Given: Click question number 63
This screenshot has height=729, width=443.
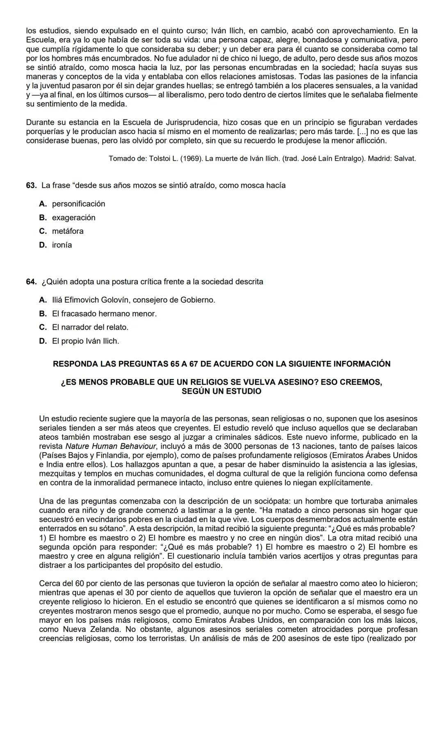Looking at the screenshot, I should coord(31,185).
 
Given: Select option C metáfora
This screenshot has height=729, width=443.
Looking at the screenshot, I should coord(67,231).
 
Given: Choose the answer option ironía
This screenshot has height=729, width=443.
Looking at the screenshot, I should coord(62,245).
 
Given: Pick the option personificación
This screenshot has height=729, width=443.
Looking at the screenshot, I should coord(78,204).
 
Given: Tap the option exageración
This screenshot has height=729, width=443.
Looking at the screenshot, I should coord(73,218).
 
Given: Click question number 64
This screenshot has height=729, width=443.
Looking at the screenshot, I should coord(31,282).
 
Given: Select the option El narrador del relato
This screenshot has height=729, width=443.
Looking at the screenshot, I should coord(90,328).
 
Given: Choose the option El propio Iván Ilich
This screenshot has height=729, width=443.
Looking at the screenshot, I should coord(85,341).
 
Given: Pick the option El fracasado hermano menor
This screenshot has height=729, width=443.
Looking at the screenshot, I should coord(104,314).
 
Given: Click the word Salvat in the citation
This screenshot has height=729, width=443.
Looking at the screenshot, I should coord(404,159).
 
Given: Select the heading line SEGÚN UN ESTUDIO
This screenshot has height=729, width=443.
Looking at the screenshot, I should coord(221,391).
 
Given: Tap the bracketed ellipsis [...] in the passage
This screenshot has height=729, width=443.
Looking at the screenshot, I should coord(361,132).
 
